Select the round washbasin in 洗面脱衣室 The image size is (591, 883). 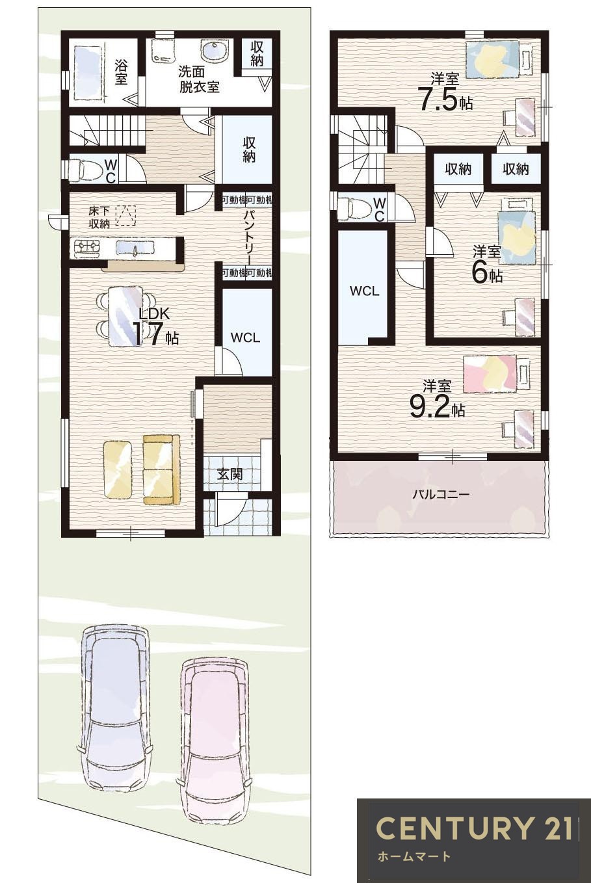coord(214,49)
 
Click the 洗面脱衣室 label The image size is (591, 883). coord(199,79)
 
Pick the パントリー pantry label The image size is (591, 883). coord(248,235)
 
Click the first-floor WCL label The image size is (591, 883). coord(245,338)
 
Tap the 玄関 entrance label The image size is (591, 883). coord(230,475)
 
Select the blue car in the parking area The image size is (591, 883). coord(114,705)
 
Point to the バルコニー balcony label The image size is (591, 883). coord(440,495)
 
